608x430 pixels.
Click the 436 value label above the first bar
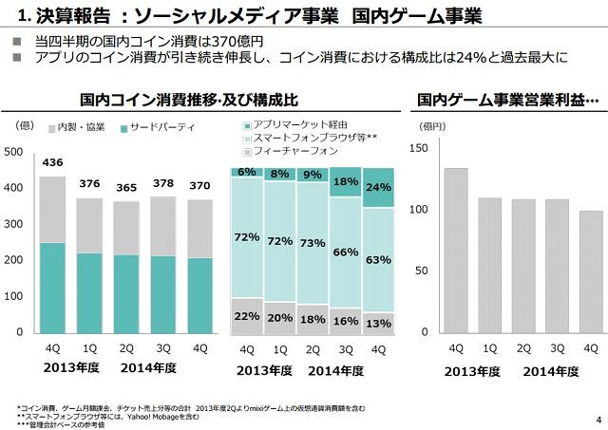pos(52,162)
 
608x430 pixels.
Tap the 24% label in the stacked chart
pos(378,187)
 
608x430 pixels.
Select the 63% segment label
pos(378,259)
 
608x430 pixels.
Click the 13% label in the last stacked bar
pos(378,323)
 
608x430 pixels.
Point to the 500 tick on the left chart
pos(12,152)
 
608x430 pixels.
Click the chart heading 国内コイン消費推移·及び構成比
pos(190,99)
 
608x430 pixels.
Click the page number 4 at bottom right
pos(597,419)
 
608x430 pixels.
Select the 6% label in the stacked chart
pos(247,172)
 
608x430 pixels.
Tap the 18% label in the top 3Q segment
pos(346,181)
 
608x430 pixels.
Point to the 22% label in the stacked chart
pos(247,316)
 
